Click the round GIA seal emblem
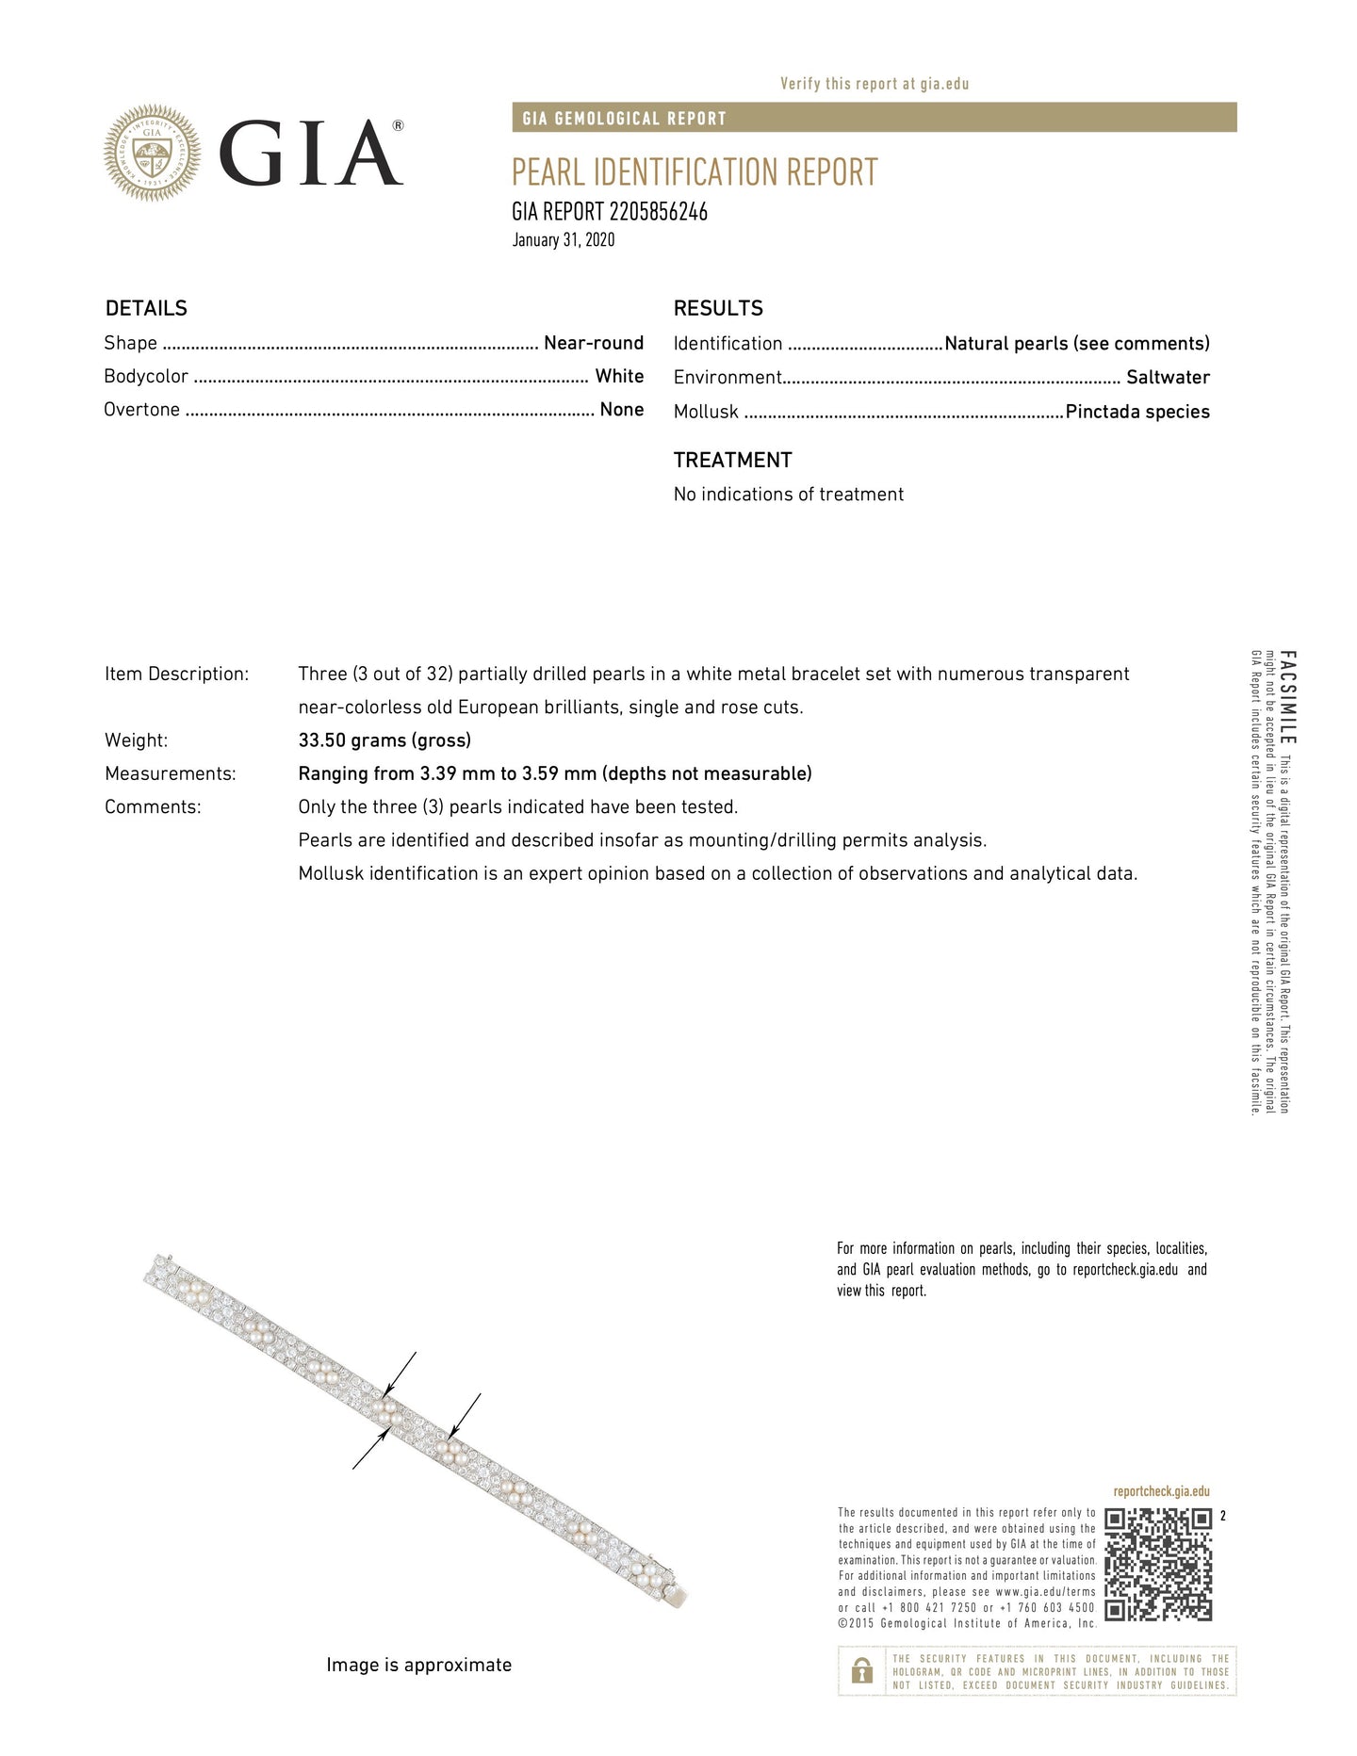pos(152,153)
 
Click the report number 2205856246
pos(659,212)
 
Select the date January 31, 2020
pos(564,240)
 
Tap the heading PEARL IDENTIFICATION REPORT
pos(695,172)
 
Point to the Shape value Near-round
pos(594,343)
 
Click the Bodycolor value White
pos(619,376)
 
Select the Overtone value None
pos(622,410)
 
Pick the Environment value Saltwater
pos(1168,378)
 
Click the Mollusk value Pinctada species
pos(1137,412)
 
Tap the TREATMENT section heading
pos(732,461)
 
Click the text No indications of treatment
pos(788,495)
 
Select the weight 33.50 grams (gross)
pos(384,740)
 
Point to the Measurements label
pos(170,774)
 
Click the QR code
pos(1158,1565)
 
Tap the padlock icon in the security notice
pos(861,1672)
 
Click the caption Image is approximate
pos(418,1666)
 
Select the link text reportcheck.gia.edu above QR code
pos(1161,1492)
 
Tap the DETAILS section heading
pos(146,309)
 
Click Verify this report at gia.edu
pos(875,84)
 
